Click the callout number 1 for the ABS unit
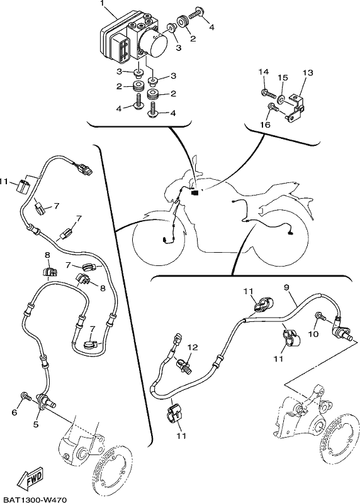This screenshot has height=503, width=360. (x=103, y=4)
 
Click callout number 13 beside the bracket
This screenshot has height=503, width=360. (x=307, y=73)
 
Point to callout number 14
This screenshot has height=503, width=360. (x=263, y=72)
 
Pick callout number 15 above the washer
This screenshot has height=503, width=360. (x=283, y=78)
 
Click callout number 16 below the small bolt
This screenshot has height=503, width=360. (x=265, y=124)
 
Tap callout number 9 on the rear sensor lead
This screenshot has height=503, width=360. (x=286, y=287)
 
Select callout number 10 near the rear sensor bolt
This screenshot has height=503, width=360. (x=313, y=334)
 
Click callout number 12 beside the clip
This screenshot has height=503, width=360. (x=193, y=348)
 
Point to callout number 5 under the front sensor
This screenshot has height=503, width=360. (x=36, y=424)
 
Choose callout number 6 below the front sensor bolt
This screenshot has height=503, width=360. (x=14, y=412)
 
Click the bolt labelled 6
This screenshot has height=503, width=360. (x=26, y=397)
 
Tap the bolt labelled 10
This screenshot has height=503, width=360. (x=321, y=317)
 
